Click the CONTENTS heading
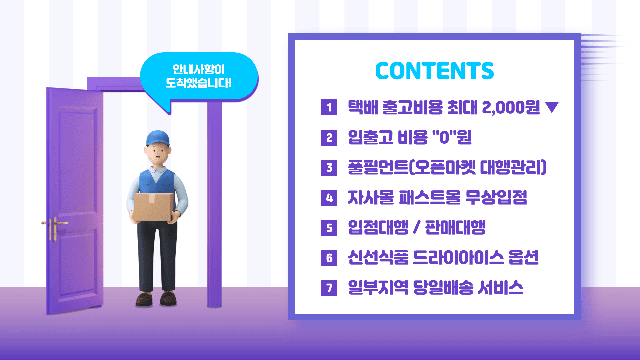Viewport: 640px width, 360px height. click(x=434, y=71)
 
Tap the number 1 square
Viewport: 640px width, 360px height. click(x=329, y=107)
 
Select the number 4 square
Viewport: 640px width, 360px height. click(x=329, y=198)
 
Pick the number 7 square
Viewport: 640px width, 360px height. click(x=329, y=288)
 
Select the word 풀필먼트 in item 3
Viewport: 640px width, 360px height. click(x=378, y=167)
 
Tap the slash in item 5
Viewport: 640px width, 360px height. click(x=416, y=228)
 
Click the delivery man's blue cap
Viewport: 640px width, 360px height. click(x=158, y=137)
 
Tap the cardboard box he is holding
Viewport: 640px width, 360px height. click(x=153, y=207)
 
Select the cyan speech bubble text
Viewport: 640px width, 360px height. click(x=199, y=76)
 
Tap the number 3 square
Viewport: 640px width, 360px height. click(x=329, y=168)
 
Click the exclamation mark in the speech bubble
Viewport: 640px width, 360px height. click(x=229, y=83)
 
